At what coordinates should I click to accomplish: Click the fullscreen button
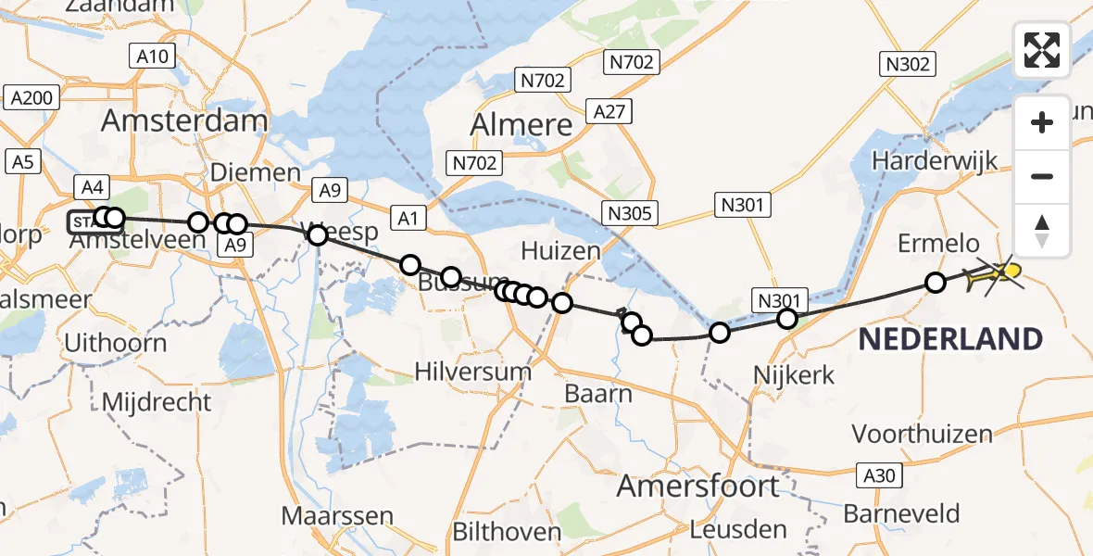coord(1042,49)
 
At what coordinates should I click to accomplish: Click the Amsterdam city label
coord(184,120)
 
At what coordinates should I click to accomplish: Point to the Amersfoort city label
coord(698,485)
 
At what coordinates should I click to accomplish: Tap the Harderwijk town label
coord(935,160)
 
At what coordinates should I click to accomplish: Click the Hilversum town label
coord(472,373)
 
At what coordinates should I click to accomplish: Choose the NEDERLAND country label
coord(950,339)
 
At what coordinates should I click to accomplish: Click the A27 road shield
coord(610,113)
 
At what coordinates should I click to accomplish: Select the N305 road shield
coord(631,214)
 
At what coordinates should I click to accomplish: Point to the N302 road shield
coord(907,64)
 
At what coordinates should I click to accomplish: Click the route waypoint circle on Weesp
coord(318,235)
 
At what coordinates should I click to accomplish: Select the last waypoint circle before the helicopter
coord(936,282)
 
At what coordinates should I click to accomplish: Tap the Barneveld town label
coord(901,513)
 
